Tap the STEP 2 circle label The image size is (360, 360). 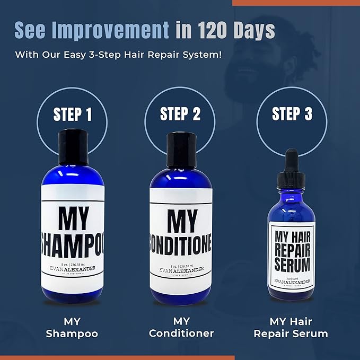coord(180,114)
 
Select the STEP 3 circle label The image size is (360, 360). coord(292,114)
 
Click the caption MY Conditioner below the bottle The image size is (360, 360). coord(181,327)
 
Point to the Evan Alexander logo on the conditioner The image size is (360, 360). coord(180,271)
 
